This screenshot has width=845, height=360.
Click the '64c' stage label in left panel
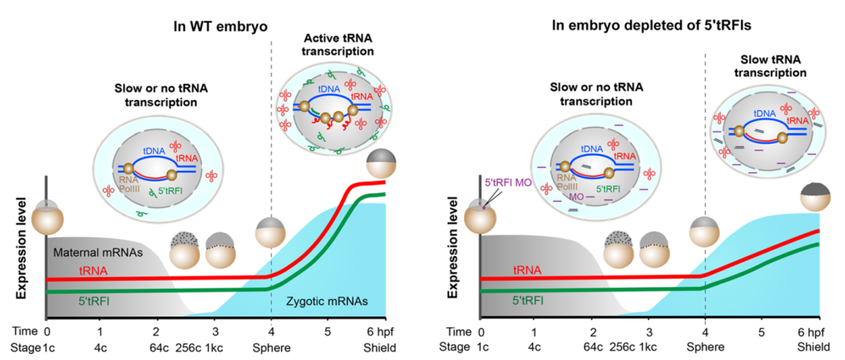tap(158, 347)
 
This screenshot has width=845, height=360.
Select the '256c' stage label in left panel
tap(189, 347)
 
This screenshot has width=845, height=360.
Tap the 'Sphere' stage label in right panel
tap(704, 347)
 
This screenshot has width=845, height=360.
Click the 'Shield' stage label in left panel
tap(380, 347)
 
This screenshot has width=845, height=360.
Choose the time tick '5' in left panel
tap(326, 333)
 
